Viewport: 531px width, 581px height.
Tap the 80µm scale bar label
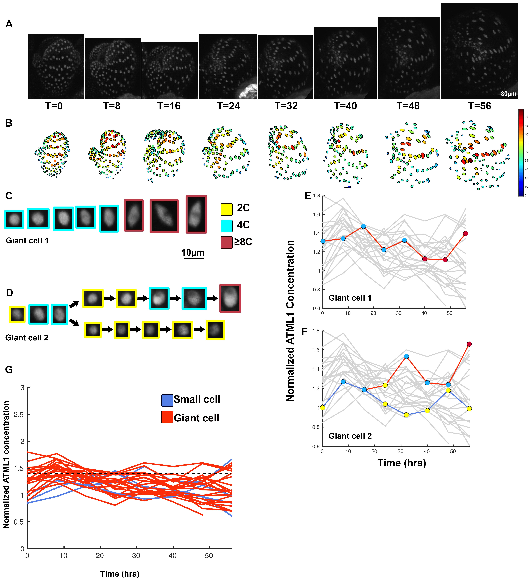508,94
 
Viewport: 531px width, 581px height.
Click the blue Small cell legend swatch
167,400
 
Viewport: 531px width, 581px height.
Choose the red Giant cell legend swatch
167,417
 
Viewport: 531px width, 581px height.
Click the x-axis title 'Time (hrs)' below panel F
402,463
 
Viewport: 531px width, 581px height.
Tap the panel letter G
9,369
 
